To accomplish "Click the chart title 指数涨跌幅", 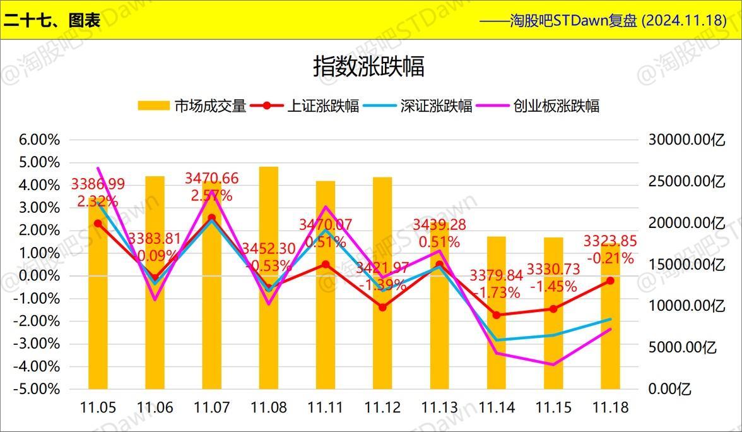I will tap(368, 66).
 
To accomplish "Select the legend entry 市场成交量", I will tap(192, 106).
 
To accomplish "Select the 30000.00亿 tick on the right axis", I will tap(687, 140).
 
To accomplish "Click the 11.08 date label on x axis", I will tap(269, 408).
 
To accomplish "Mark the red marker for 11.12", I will tap(382, 307).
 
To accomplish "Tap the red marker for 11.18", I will tap(610, 280).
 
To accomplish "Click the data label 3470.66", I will tap(211, 179).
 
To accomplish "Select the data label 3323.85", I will tap(610, 242).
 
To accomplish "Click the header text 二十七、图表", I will tap(52, 20).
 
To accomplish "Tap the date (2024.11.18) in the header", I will tap(683, 20).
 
